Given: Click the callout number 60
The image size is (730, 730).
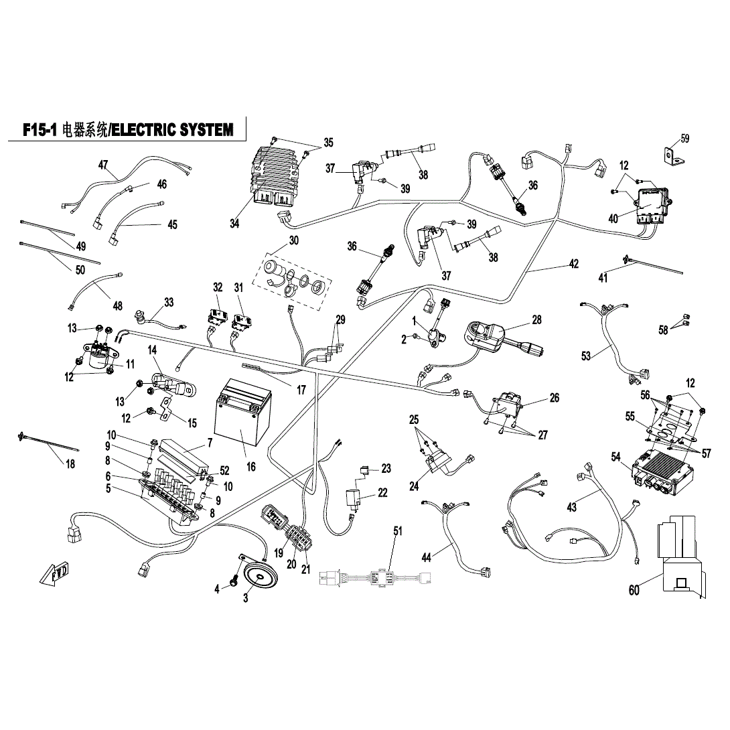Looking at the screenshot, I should coord(634,590).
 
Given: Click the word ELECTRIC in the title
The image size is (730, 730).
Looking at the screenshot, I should coord(145,130).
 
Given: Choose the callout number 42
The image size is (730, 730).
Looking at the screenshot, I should coord(573,264).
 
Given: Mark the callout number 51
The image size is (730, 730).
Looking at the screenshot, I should coord(398,531).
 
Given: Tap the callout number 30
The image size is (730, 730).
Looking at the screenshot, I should coord(293,241).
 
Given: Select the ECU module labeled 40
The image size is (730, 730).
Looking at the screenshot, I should coord(652,204).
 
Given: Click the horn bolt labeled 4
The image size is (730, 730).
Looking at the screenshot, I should coord(234,582).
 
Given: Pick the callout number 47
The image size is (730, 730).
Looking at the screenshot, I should coord(103,165).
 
